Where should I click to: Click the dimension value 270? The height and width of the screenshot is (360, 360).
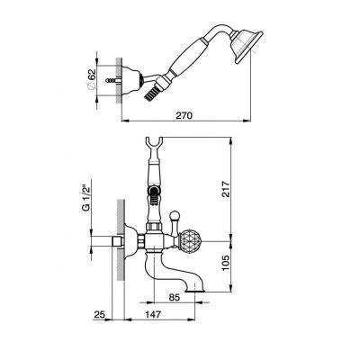pyautogui.click(x=184, y=115)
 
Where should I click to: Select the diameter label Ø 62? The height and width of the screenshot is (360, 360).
pyautogui.click(x=92, y=79)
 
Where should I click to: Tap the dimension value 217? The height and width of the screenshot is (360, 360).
pyautogui.click(x=226, y=189)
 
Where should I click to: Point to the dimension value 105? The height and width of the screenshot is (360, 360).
pyautogui.click(x=226, y=262)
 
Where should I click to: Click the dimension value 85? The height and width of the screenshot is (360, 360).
pyautogui.click(x=175, y=298)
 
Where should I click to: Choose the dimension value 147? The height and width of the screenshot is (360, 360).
pyautogui.click(x=153, y=315)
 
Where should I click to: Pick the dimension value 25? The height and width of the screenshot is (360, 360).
pyautogui.click(x=100, y=315)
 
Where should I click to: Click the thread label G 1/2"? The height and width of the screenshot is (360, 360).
pyautogui.click(x=86, y=198)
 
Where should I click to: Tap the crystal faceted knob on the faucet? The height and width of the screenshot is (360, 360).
pyautogui.click(x=188, y=241)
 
